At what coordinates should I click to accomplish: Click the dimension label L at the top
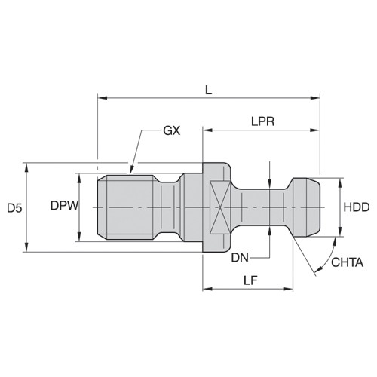209,89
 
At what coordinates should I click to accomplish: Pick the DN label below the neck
240,257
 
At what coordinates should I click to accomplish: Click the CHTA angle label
348,262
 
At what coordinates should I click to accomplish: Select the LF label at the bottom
251,280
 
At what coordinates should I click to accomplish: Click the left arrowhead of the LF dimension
206,288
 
